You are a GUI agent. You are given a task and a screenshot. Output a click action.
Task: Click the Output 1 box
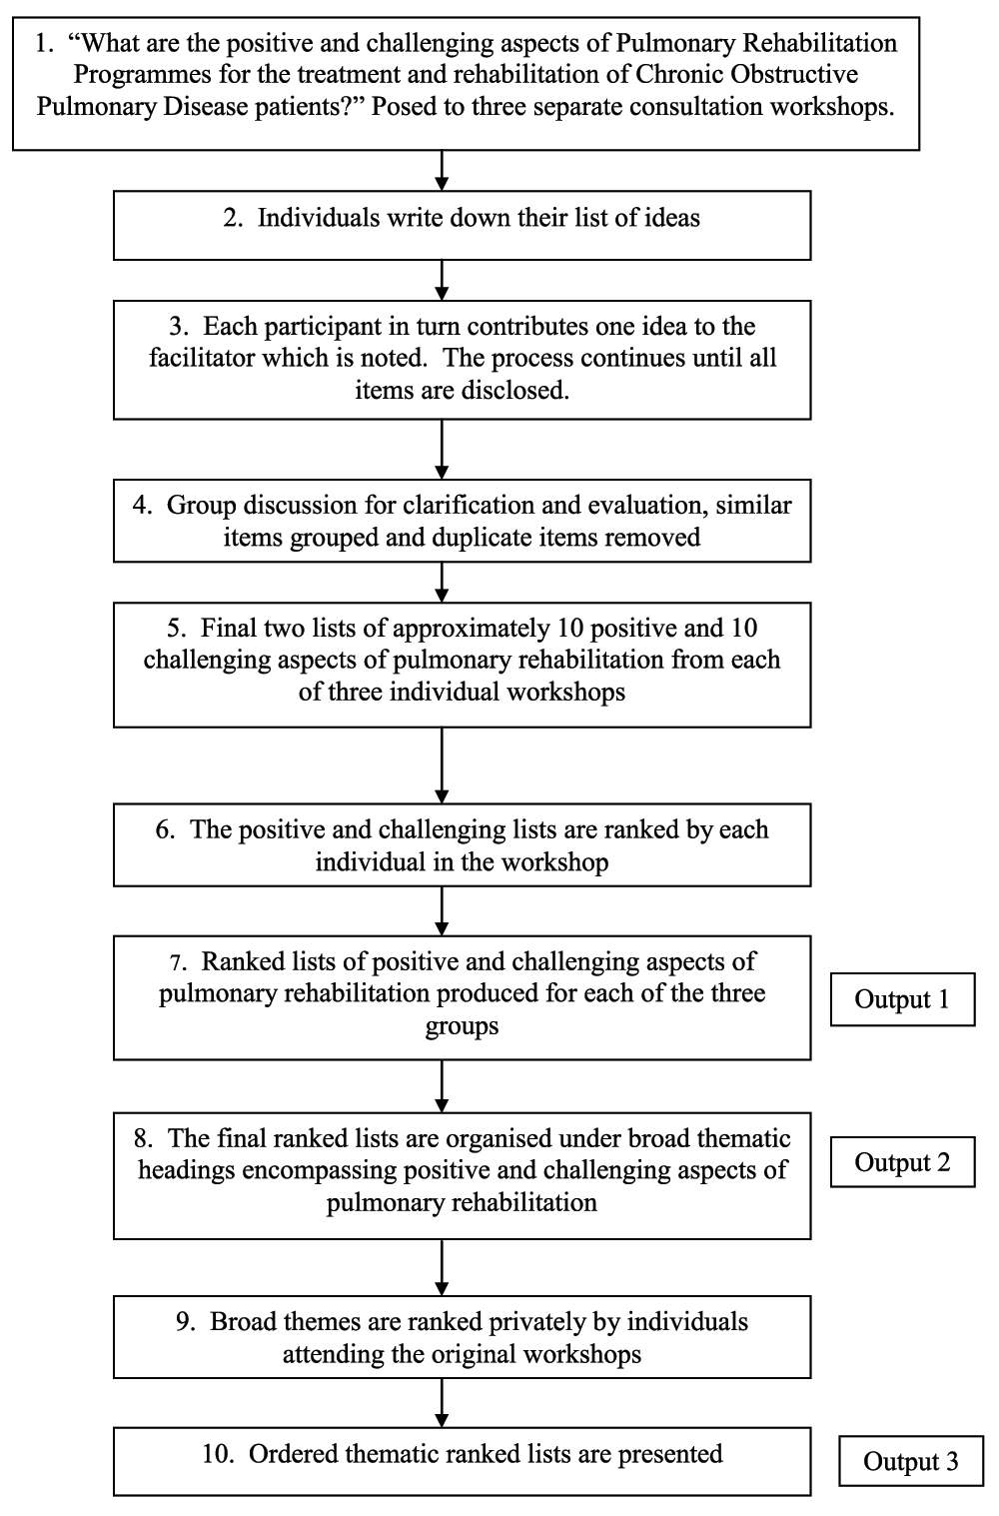[x=902, y=999]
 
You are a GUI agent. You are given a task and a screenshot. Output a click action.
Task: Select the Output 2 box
[x=902, y=1162]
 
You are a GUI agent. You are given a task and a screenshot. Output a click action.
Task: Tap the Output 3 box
[x=911, y=1461]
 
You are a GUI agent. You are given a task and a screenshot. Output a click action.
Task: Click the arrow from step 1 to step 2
[x=442, y=170]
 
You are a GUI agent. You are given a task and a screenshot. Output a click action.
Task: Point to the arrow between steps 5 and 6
[x=442, y=765]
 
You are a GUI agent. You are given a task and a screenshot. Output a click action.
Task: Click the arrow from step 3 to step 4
[x=442, y=450]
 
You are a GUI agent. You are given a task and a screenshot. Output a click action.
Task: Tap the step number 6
[x=165, y=829]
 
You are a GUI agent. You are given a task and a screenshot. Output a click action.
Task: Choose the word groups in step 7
[x=462, y=1026]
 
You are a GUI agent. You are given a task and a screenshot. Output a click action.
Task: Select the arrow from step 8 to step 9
[x=442, y=1267]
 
